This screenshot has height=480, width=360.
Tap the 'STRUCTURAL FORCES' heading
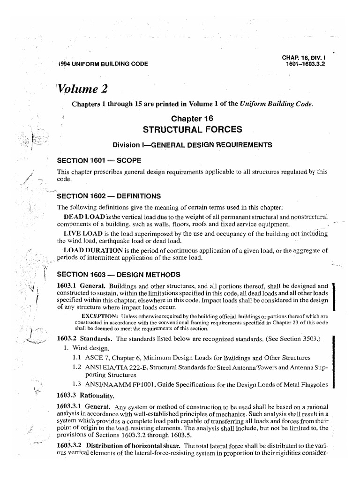point(192,129)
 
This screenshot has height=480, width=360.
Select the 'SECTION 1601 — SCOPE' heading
point(99,160)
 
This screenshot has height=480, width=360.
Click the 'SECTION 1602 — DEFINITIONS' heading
point(109,195)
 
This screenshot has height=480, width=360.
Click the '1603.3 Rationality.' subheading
point(84,395)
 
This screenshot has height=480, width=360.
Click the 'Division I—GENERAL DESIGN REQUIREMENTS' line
point(192,145)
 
